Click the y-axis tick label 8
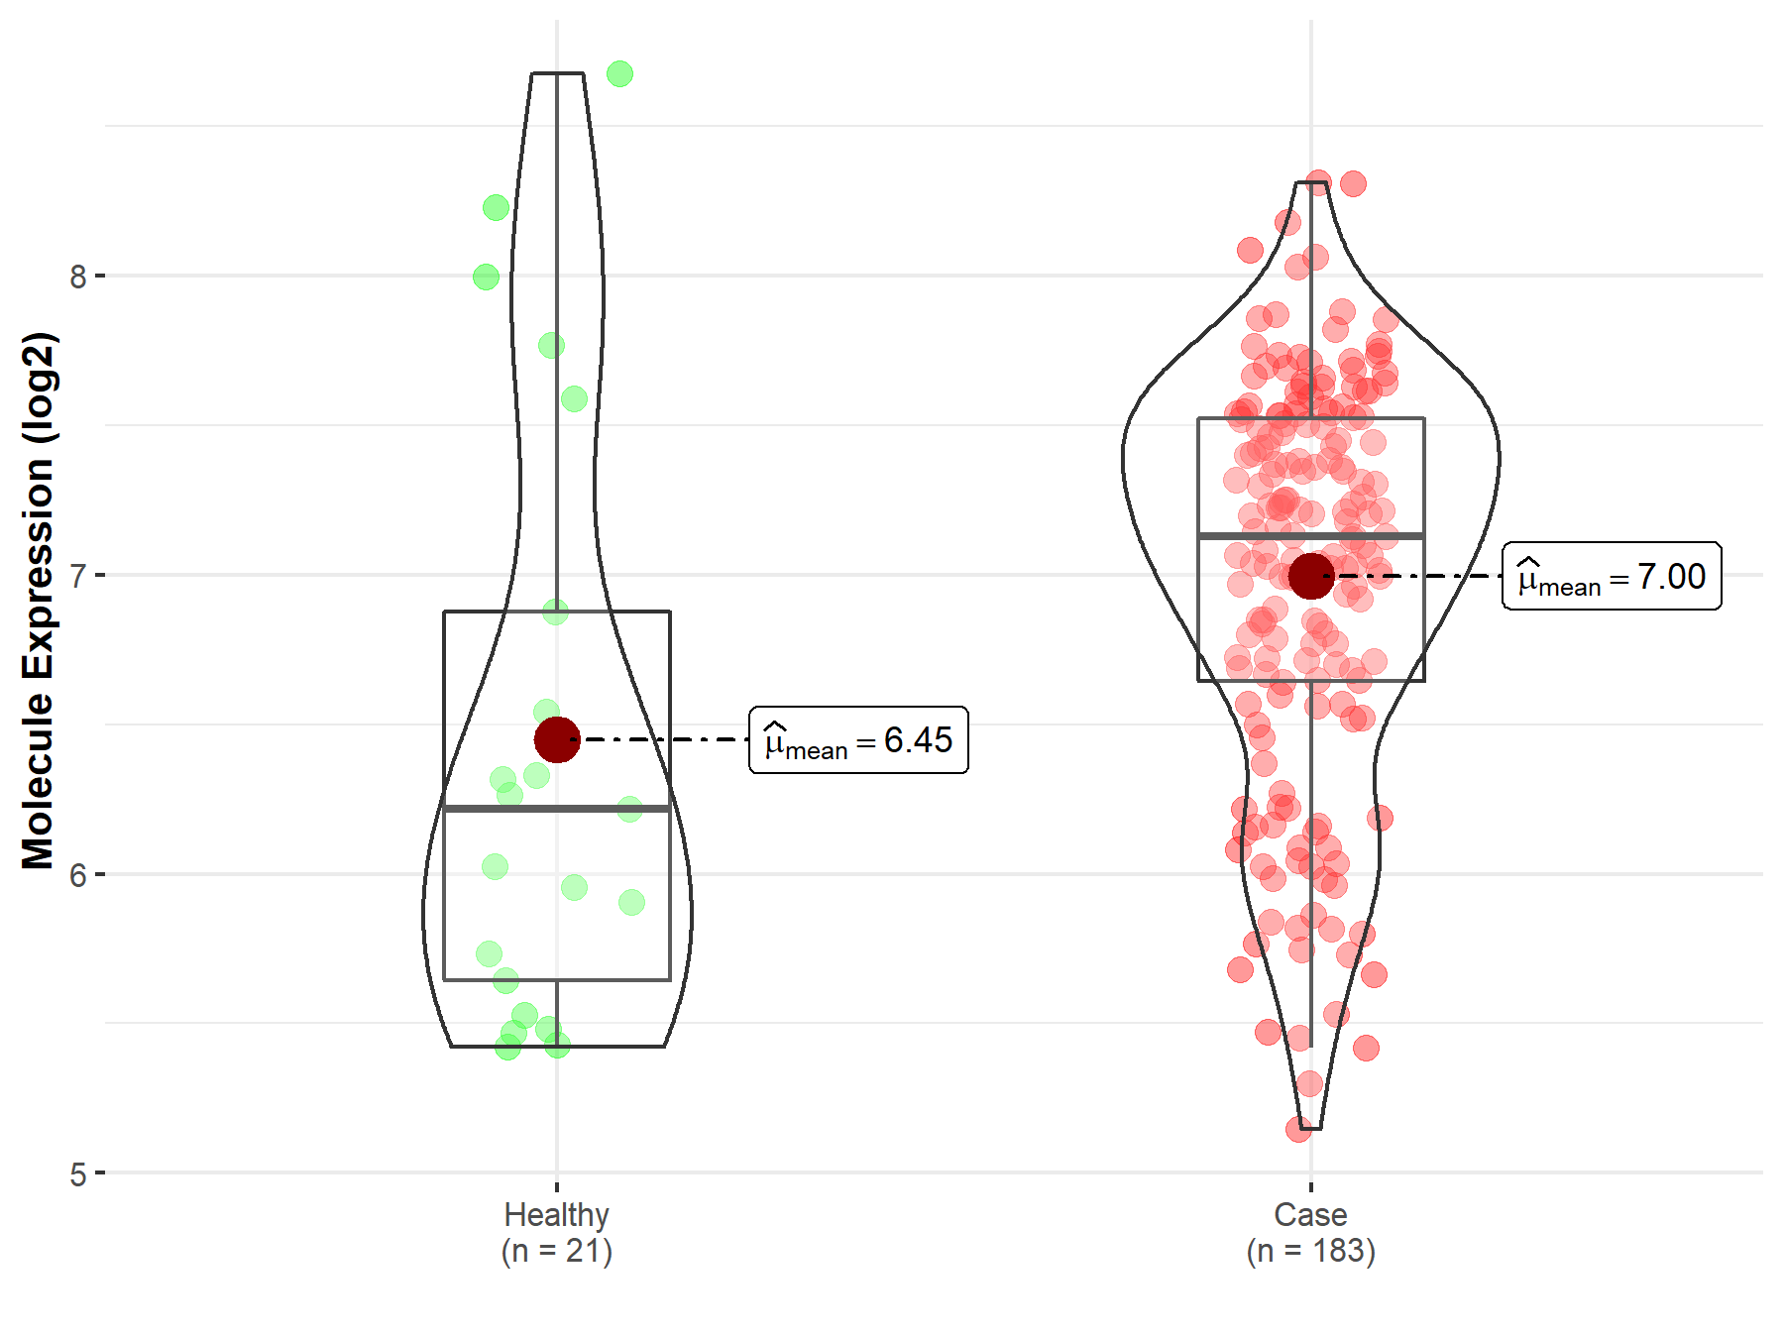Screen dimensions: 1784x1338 coord(78,277)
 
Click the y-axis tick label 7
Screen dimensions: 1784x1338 coord(78,576)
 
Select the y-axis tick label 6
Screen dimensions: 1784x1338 coord(78,875)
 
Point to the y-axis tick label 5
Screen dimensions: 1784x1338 coord(78,1174)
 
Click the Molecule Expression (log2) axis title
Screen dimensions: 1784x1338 coord(38,601)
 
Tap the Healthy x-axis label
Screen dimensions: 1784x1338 coord(557,1214)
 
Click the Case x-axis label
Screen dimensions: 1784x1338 coord(1310,1214)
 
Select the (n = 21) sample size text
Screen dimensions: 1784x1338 coord(557,1251)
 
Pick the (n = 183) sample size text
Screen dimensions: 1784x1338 coord(1310,1251)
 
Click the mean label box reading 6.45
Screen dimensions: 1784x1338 coord(858,740)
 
